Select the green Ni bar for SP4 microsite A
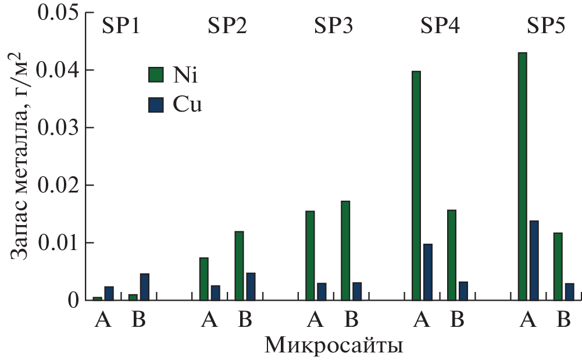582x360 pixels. pos(416,186)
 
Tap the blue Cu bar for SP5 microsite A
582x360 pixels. pos(534,260)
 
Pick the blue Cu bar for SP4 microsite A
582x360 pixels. pos(427,272)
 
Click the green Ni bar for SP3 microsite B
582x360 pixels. pos(345,250)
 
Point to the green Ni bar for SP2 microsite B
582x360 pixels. pos(239,265)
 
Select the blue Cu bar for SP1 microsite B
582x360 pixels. pos(144,287)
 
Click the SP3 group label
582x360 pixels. pos(334,27)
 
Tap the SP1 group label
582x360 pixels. pos(121,27)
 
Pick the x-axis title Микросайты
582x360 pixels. pos(334,346)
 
